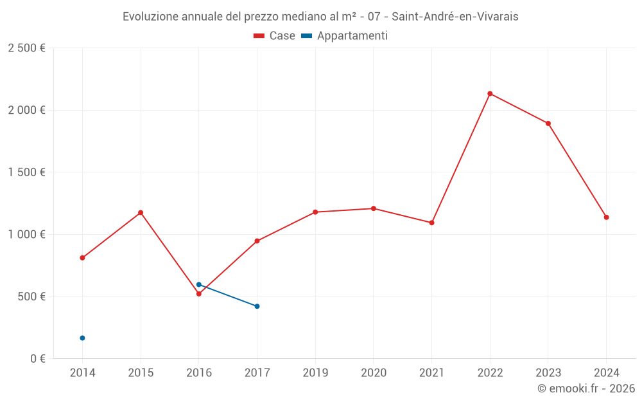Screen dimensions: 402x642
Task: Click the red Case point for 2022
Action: [490, 94]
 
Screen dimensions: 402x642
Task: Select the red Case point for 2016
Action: [199, 294]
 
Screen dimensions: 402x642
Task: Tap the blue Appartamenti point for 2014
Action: [82, 338]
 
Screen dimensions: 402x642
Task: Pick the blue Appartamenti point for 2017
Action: [257, 306]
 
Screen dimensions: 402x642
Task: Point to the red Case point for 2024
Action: [606, 217]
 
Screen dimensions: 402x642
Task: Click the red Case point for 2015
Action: [141, 213]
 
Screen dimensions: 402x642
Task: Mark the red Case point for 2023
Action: [548, 123]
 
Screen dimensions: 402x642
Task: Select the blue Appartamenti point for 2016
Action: [199, 284]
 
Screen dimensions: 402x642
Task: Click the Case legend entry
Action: [275, 36]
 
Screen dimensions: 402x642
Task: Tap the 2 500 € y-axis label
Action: [26, 48]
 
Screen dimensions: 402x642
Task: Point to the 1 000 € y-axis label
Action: [26, 235]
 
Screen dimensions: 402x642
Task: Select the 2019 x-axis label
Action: [315, 373]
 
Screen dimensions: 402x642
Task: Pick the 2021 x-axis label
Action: [431, 373]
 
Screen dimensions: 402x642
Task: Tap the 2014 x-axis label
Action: [82, 373]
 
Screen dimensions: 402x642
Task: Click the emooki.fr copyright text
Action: [586, 388]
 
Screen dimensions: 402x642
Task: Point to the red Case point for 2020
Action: [374, 208]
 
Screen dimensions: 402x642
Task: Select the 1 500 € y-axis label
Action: [26, 172]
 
